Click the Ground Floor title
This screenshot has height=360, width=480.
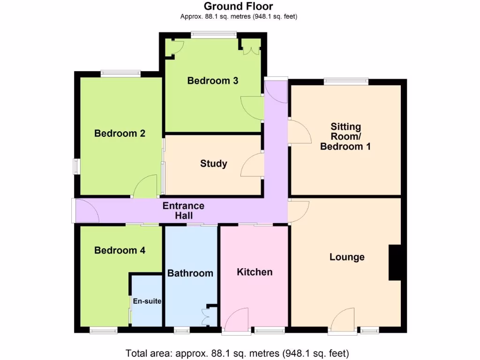pyautogui.click(x=239, y=7)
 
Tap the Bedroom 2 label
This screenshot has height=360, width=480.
pyautogui.click(x=120, y=134)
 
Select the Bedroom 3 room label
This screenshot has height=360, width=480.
pyautogui.click(x=212, y=81)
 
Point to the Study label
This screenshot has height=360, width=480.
pyautogui.click(x=214, y=164)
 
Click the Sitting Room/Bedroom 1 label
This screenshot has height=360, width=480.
pyautogui.click(x=345, y=136)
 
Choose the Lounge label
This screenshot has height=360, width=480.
pyautogui.click(x=347, y=257)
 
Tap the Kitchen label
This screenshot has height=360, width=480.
pyautogui.click(x=255, y=272)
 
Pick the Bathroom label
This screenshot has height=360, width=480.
pyautogui.click(x=190, y=273)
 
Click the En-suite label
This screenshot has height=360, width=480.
pyautogui.click(x=147, y=301)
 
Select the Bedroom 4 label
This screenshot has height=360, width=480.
pyautogui.click(x=120, y=250)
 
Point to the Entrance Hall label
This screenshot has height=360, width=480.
pyautogui.click(x=183, y=211)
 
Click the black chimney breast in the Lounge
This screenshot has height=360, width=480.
pyautogui.click(x=395, y=263)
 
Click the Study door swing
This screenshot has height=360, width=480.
pyautogui.click(x=252, y=165)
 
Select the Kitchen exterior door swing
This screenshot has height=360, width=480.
pyautogui.click(x=237, y=319)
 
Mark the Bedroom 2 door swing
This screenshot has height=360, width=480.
pyautogui.click(x=146, y=186)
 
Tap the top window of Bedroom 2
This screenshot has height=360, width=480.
pyautogui.click(x=120, y=73)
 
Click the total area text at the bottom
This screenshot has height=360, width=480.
pyautogui.click(x=237, y=353)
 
